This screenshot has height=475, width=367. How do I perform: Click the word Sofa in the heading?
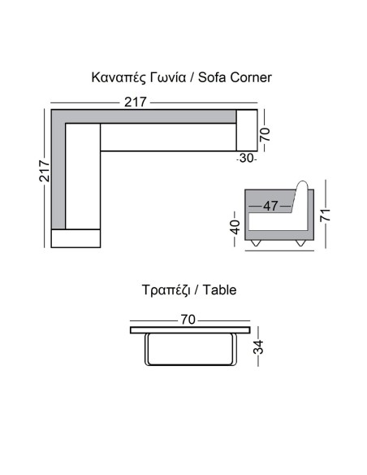click(x=212, y=77)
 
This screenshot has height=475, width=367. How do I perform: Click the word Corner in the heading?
click(x=251, y=77)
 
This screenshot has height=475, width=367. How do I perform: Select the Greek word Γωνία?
click(x=168, y=77)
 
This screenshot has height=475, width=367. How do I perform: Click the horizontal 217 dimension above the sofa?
click(x=136, y=102)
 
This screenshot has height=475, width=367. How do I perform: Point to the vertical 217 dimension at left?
click(x=45, y=171)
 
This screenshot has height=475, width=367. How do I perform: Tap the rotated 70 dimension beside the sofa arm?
click(x=265, y=134)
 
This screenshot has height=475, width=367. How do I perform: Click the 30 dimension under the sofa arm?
click(x=246, y=158)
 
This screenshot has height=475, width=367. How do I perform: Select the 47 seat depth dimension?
click(x=270, y=206)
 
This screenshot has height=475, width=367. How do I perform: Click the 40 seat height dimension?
click(x=235, y=227)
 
